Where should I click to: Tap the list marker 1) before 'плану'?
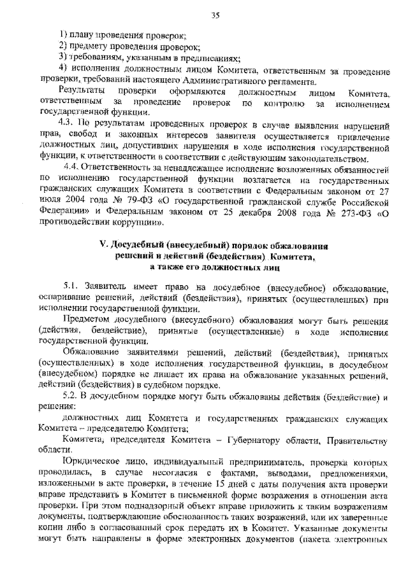(x=64, y=34)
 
